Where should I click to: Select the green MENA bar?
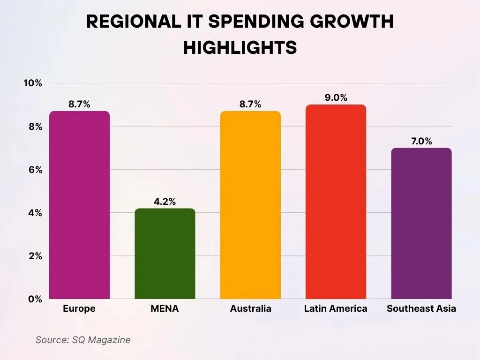point(165,254)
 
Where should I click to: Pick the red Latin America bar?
point(336,202)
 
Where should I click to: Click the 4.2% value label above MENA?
point(165,202)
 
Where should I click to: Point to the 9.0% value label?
point(336,98)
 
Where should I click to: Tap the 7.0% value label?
point(421,141)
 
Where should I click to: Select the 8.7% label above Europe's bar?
point(79,105)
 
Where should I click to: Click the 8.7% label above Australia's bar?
point(250,105)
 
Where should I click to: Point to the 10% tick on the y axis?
point(33,83)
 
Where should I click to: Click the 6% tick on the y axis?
point(35,170)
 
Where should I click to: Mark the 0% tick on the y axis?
point(35,299)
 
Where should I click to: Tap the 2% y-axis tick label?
point(35,256)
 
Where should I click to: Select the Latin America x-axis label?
point(336,308)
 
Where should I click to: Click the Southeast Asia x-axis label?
point(421,308)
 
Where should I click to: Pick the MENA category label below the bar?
point(165,308)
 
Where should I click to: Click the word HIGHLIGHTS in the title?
point(240,47)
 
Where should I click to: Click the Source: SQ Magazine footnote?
point(83,340)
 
